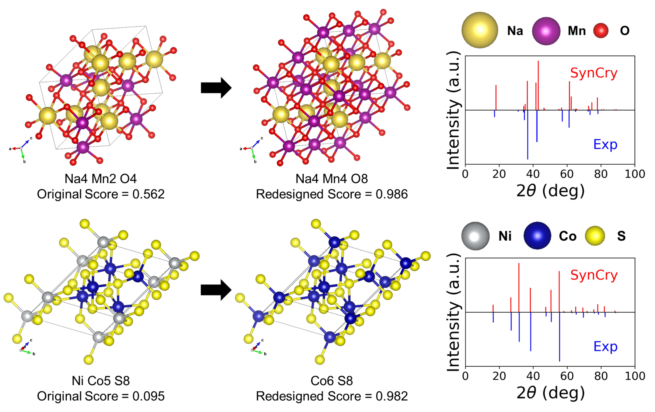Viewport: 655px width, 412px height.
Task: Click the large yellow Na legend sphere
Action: click(480, 30)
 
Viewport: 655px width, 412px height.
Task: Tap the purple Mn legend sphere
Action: click(546, 31)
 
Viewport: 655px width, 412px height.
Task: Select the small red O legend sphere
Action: click(601, 31)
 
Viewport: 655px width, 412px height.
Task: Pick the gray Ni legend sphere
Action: click(475, 236)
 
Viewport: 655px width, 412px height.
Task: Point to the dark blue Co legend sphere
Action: click(537, 236)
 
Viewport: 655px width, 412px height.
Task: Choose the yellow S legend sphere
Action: click(595, 236)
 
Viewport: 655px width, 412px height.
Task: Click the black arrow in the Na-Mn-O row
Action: click(216, 88)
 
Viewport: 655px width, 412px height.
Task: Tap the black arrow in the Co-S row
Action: click(216, 290)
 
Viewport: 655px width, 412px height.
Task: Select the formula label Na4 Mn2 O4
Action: click(101, 179)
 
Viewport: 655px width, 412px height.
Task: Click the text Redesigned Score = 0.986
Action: click(332, 194)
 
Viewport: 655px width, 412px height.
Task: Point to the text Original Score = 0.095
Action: click(101, 396)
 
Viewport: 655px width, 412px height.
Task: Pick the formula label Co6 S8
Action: click(332, 381)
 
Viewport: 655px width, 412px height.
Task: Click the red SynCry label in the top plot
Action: click(594, 73)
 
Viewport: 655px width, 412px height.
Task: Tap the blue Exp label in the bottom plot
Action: click(605, 347)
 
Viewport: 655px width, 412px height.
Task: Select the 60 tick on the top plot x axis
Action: click(567, 174)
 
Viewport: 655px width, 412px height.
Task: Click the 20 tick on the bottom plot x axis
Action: click(499, 376)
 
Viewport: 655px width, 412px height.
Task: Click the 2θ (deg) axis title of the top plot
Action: click(550, 191)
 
